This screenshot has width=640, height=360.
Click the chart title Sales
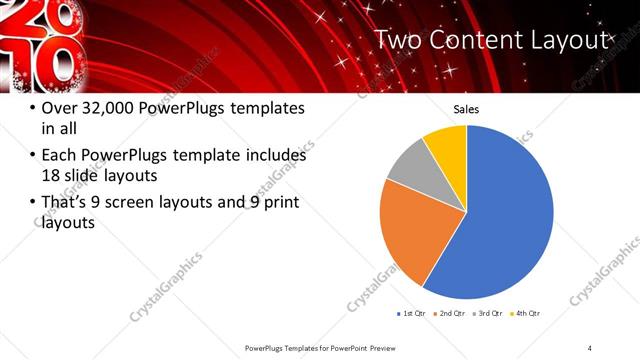(467, 108)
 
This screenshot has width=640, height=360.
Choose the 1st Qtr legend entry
(412, 313)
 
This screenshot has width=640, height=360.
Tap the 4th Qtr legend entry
(527, 313)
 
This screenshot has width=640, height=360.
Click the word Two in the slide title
(404, 40)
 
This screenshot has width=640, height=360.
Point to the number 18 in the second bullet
(51, 177)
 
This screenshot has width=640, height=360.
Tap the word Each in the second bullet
(59, 155)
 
